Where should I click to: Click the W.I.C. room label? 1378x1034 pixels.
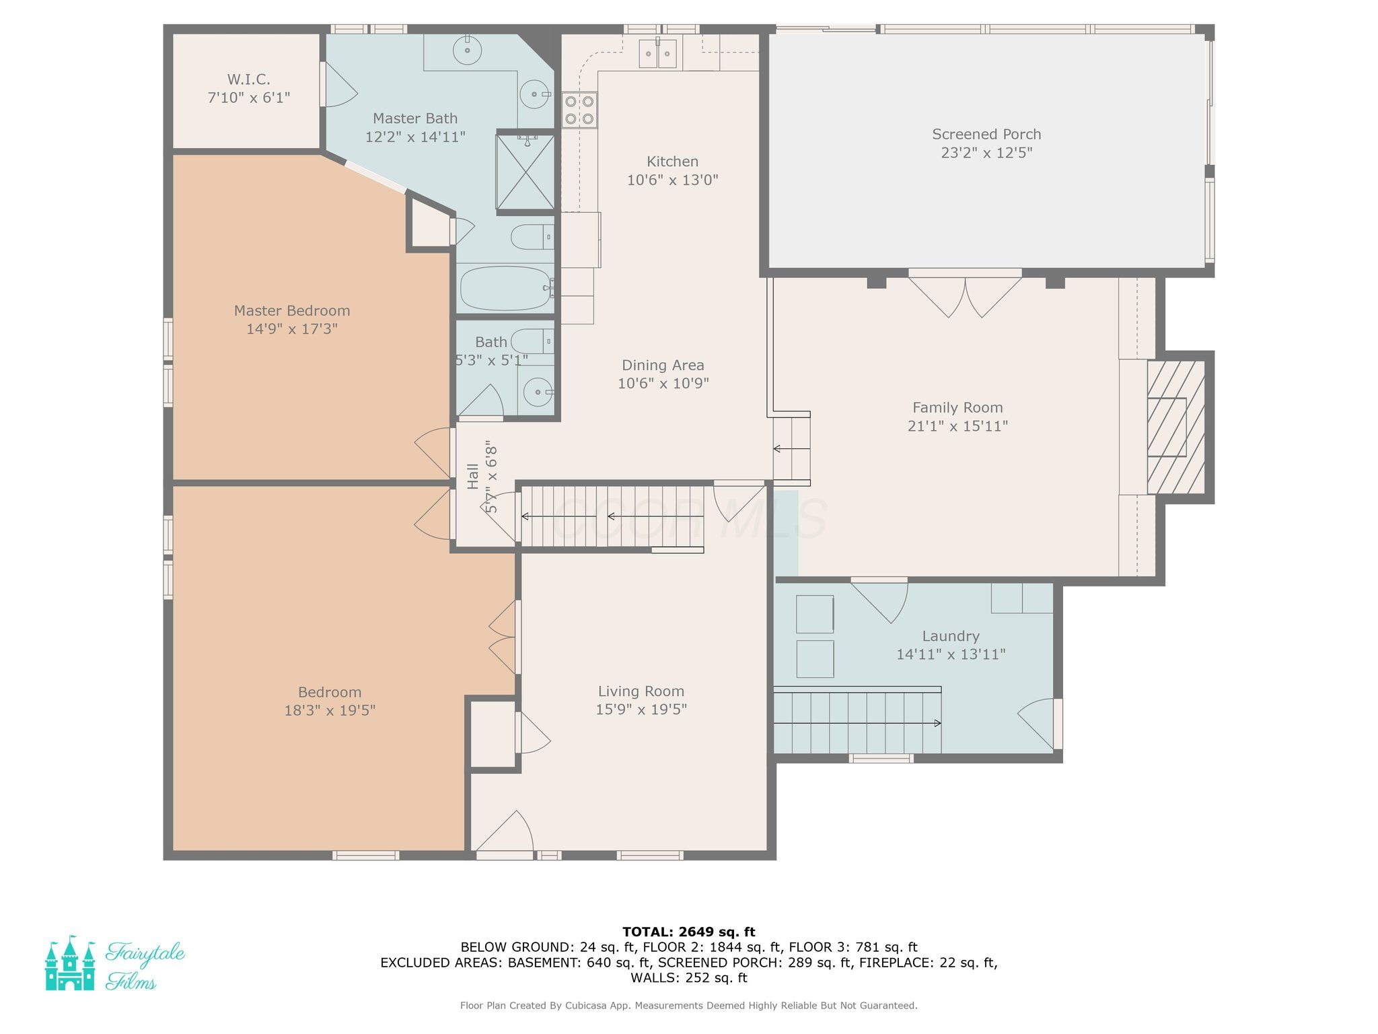[x=249, y=79]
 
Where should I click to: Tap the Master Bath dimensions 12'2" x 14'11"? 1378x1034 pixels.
[x=415, y=137]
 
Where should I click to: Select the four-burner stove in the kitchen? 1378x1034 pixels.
[x=579, y=110]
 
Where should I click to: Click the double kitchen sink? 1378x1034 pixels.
[x=657, y=54]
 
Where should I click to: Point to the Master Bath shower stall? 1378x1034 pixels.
[x=525, y=172]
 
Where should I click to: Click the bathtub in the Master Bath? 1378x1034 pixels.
[x=506, y=288]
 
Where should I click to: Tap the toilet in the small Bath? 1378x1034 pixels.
[x=532, y=341]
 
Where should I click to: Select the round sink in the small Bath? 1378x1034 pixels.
[x=538, y=392]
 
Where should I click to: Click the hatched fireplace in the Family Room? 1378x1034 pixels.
[x=1176, y=427]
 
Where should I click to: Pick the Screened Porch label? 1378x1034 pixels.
[x=986, y=135]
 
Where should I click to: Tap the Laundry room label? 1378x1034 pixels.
[x=951, y=636]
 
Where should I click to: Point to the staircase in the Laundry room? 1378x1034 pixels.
[x=857, y=720]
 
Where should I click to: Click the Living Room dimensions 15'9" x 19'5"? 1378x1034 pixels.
[x=641, y=710]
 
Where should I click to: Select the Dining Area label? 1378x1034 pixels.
[x=663, y=366]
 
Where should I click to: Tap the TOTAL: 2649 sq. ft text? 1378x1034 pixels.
[x=689, y=932]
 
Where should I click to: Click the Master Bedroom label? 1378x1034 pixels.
[x=292, y=311]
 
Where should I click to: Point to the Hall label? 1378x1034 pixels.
[x=473, y=476]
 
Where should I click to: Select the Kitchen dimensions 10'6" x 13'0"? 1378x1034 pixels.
[x=673, y=180]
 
